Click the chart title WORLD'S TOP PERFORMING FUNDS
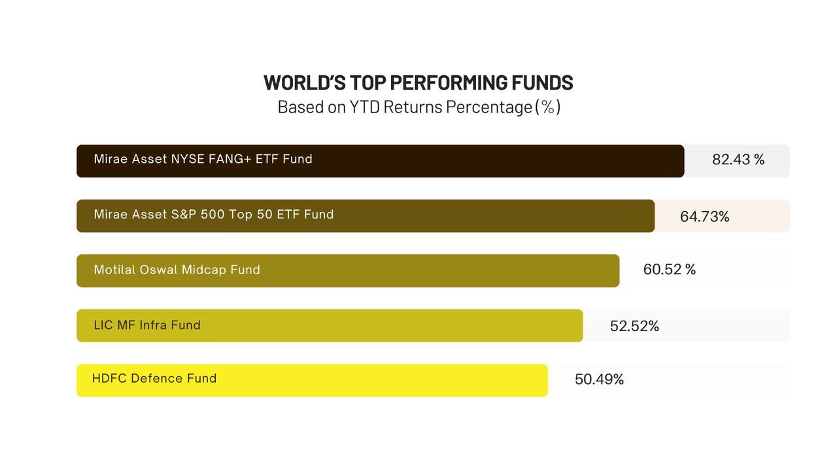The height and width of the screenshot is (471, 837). coord(418,83)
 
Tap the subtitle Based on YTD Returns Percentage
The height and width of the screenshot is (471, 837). coord(418,107)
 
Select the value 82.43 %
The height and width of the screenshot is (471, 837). coord(738,160)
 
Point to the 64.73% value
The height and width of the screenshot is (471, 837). coord(704,217)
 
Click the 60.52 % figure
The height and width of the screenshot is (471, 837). coord(669,270)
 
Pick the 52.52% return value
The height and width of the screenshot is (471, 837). coord(634,326)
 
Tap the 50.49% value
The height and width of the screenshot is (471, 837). coord(599,379)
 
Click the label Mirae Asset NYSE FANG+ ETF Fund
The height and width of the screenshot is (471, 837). coord(203,159)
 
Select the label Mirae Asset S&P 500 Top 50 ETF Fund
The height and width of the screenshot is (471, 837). coord(214,215)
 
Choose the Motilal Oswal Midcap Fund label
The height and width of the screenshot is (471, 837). coord(177,270)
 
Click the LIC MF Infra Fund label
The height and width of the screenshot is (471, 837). coord(147,325)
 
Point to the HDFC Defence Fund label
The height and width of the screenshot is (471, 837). coord(154,378)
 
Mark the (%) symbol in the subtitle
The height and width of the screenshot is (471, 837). coord(547,107)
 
